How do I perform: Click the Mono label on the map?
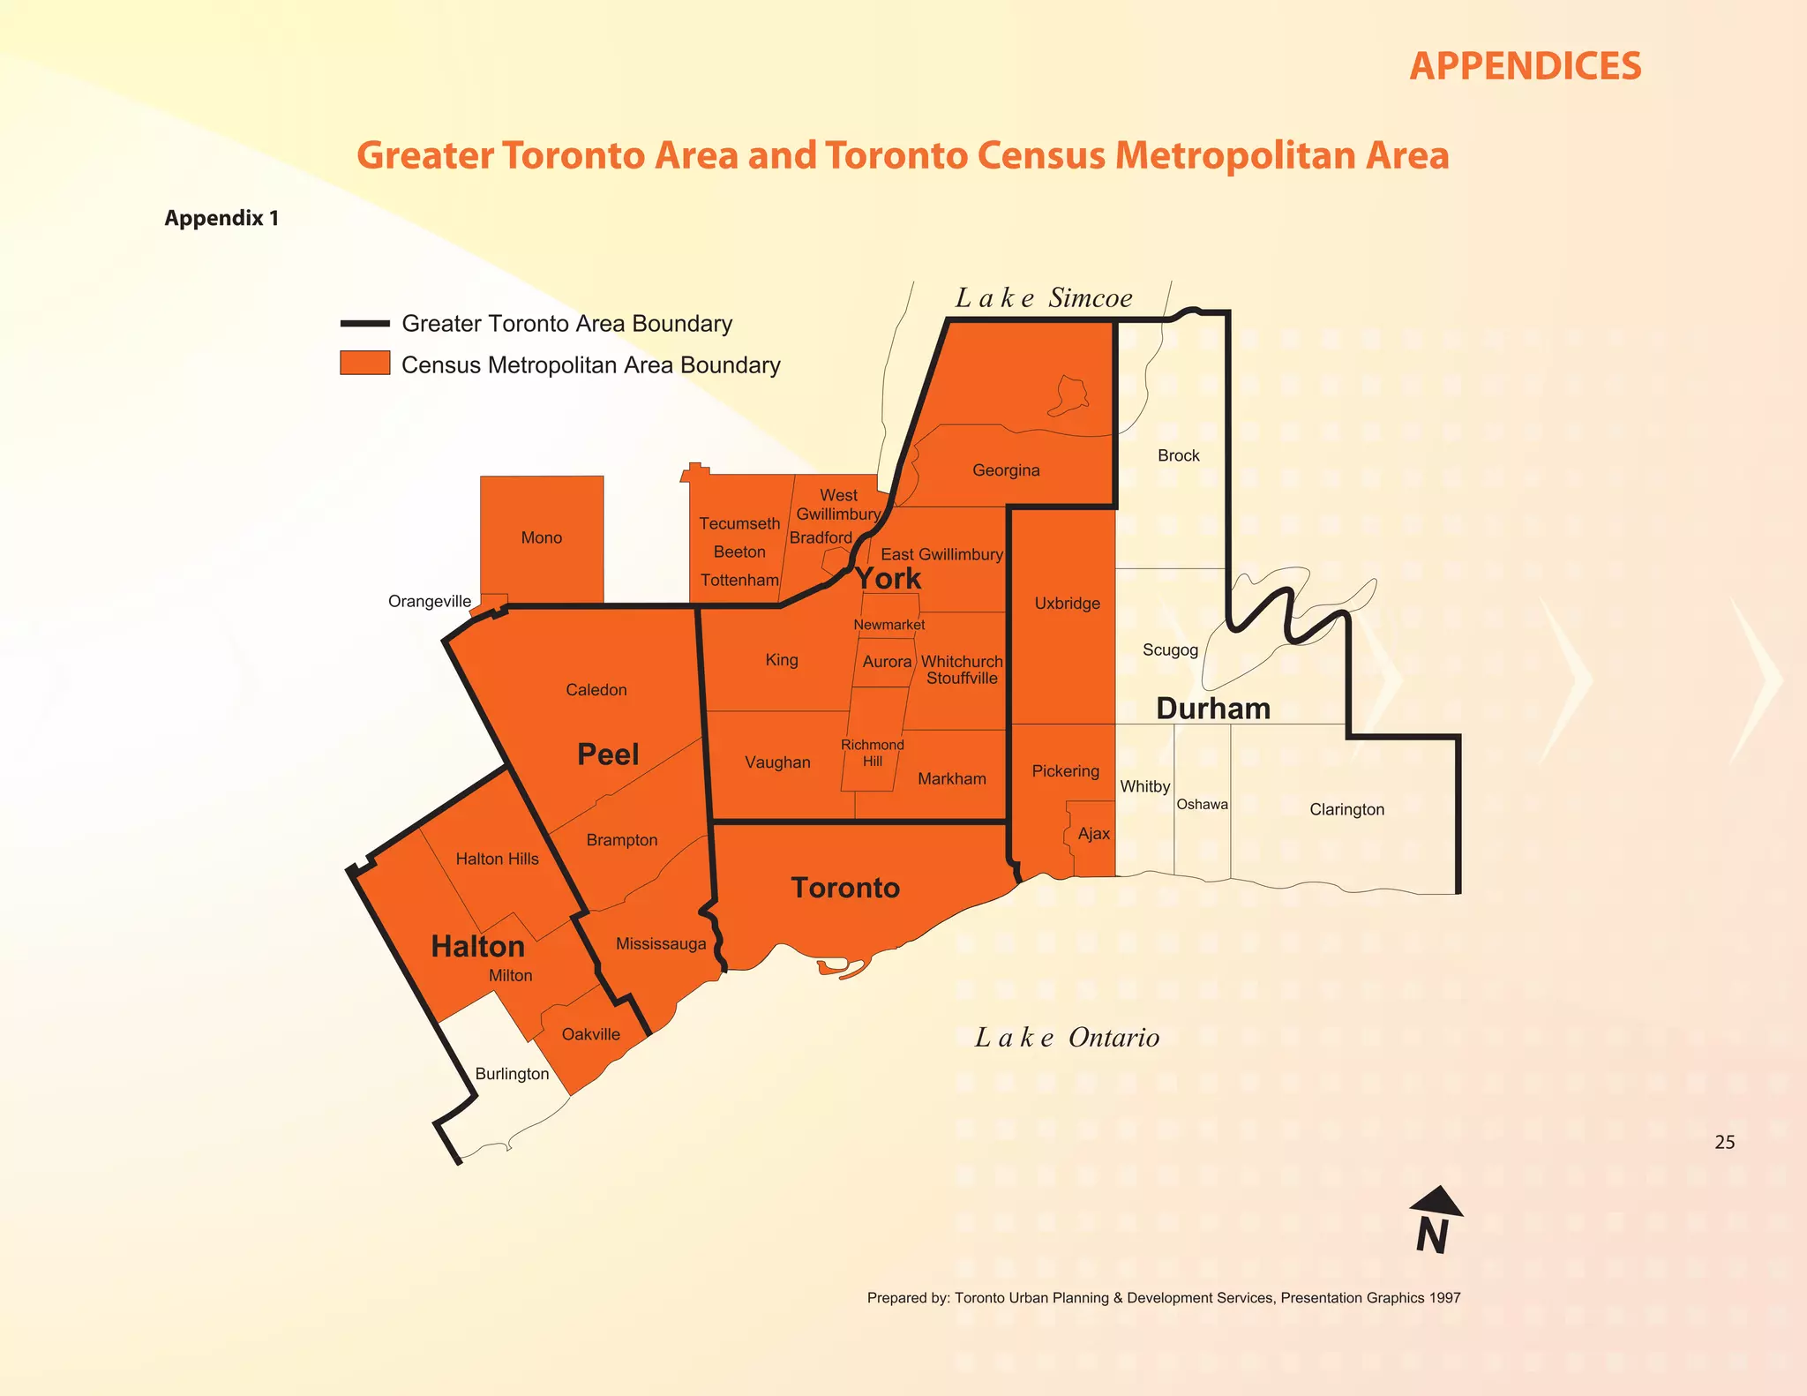541,537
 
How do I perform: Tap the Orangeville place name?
430,602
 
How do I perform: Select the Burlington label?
512,1074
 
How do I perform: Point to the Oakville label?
590,1034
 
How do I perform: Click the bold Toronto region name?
845,888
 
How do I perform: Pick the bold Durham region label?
1213,709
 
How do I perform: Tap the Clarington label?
1346,809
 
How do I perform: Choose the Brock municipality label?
1178,455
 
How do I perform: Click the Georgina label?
1006,470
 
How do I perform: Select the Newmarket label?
889,625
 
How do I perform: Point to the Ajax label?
1094,834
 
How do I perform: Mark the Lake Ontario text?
1067,1038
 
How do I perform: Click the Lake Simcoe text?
1044,298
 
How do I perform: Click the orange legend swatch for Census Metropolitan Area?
364,363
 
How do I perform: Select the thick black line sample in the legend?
364,324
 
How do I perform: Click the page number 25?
1724,1142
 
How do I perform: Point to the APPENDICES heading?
1525,66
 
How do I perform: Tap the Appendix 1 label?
221,218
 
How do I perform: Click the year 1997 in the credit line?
1444,1298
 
